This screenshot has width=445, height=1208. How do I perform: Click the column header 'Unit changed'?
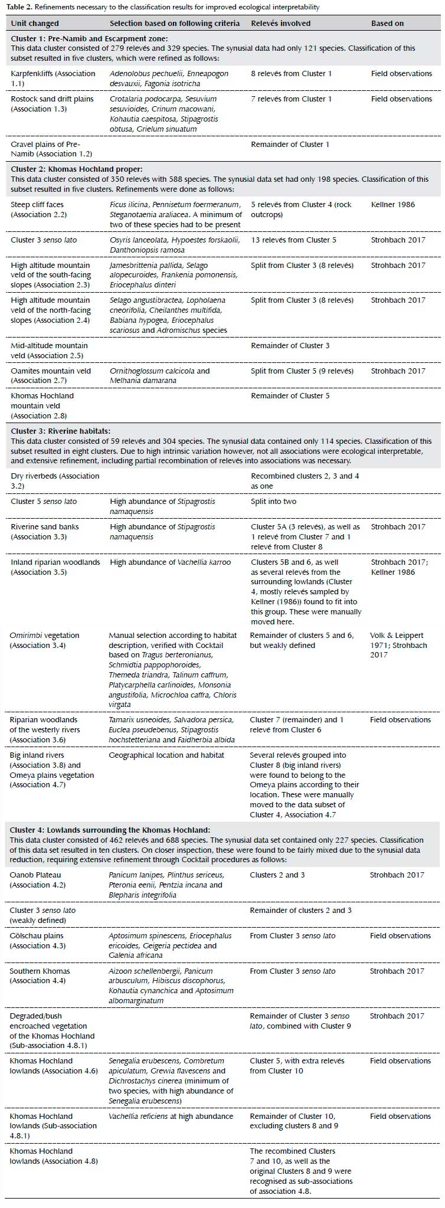35,23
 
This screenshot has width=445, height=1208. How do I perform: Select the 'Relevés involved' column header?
280,23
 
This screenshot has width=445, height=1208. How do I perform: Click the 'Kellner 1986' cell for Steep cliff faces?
392,205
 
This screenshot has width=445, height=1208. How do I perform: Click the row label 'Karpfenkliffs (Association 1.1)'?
53,78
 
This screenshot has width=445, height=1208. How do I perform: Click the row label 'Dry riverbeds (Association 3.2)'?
55,481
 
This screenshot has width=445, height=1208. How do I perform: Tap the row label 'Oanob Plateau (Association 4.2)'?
38,880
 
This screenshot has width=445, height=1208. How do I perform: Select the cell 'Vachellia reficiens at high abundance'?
171,1117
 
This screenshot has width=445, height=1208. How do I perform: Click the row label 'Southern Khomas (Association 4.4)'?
40,976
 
